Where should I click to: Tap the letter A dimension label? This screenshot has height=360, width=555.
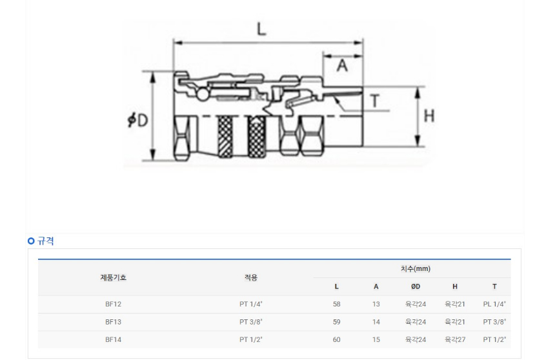pyautogui.click(x=342, y=66)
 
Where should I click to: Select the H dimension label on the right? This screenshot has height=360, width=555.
pyautogui.click(x=429, y=115)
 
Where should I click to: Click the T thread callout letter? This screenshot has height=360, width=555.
pyautogui.click(x=375, y=101)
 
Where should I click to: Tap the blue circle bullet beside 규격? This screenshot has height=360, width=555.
pyautogui.click(x=31, y=241)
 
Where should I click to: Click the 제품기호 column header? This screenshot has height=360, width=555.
pyautogui.click(x=114, y=277)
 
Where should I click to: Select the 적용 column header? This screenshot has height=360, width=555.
pyautogui.click(x=251, y=277)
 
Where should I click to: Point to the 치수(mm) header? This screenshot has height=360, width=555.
pyautogui.click(x=416, y=268)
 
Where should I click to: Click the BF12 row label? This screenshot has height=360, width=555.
pyautogui.click(x=114, y=304)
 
